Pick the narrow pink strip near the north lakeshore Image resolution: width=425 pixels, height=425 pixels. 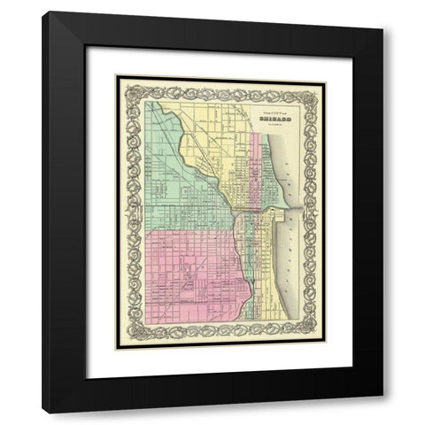point(259,168)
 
